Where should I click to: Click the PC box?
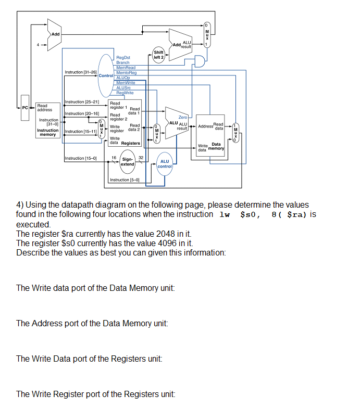click(x=24, y=108)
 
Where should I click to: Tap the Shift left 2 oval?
click(x=159, y=55)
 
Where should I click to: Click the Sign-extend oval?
click(x=128, y=162)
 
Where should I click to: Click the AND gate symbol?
click(x=198, y=62)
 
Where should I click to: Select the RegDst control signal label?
click(x=123, y=58)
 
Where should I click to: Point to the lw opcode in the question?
click(x=225, y=214)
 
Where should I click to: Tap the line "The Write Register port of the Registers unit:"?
click(x=95, y=394)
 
